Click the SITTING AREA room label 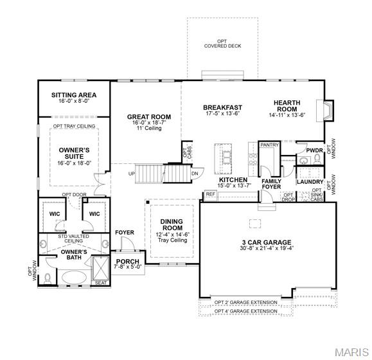(73, 95)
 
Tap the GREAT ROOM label (148, 116)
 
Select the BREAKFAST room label (222, 107)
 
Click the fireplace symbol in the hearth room (328, 111)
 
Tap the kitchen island (226, 156)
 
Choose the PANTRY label (269, 145)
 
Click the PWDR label (314, 150)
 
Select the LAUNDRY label (310, 182)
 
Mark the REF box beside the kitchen (209, 194)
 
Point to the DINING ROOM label (172, 226)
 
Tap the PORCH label (128, 262)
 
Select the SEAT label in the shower (100, 283)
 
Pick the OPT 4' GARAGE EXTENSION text (246, 312)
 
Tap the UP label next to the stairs (132, 174)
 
